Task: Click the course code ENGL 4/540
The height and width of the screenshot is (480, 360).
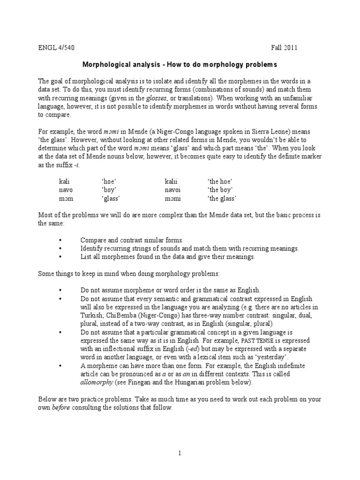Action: click(x=55, y=48)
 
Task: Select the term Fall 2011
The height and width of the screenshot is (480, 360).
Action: click(x=284, y=48)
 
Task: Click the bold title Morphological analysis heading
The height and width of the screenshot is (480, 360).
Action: click(x=180, y=64)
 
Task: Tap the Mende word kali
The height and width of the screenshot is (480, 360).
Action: click(x=65, y=181)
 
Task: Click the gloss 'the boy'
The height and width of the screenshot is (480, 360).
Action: click(x=220, y=189)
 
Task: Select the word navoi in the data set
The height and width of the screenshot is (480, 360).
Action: click(x=172, y=189)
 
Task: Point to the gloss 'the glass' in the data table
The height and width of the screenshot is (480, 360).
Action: click(x=221, y=198)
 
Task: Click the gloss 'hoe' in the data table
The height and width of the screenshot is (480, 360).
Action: click(x=109, y=181)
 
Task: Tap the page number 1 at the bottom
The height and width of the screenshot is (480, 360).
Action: click(x=180, y=452)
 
